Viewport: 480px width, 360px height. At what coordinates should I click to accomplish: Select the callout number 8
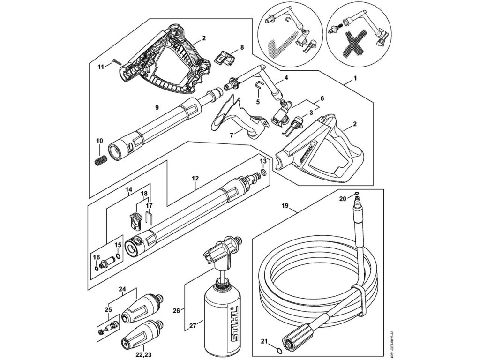242,47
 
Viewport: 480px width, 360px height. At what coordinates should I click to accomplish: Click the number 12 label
195,179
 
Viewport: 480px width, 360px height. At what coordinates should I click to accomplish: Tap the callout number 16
97,258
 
